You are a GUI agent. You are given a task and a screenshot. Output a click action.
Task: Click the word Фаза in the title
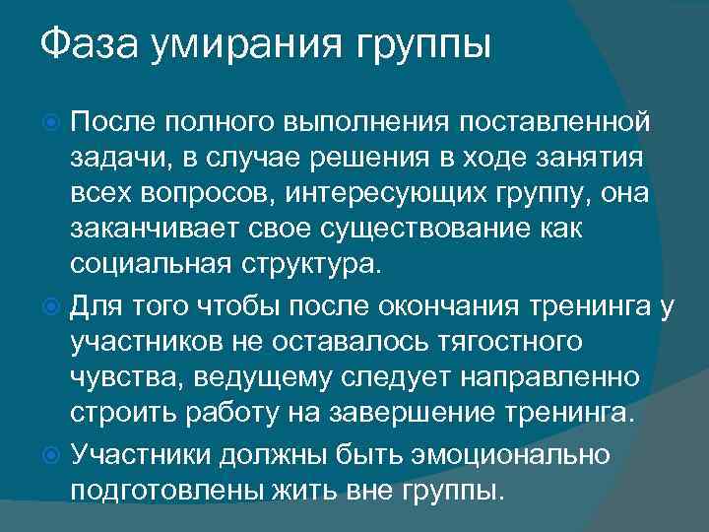pyautogui.click(x=89, y=46)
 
